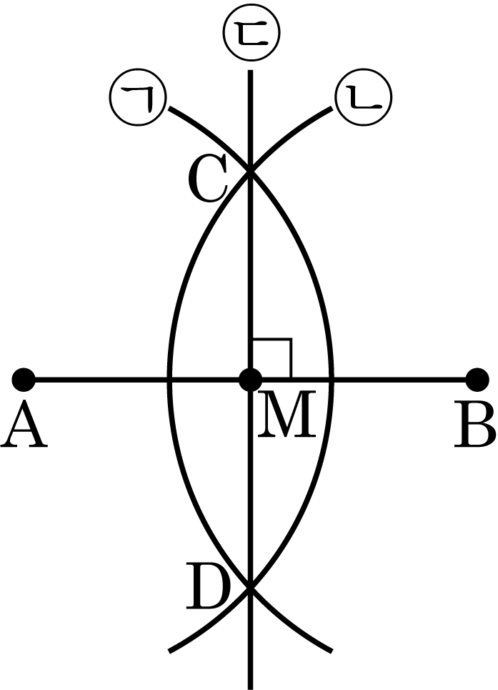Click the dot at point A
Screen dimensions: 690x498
coord(24,379)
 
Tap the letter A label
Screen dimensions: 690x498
coord(24,429)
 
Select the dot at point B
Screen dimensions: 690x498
coord(475,379)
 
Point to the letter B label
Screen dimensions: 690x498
coord(474,429)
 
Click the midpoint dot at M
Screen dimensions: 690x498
coord(249,379)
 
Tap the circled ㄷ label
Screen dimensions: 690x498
coord(249,32)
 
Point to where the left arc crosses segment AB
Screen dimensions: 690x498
coord(169,379)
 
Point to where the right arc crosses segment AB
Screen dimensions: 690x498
coord(331,379)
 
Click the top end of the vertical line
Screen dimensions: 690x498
coord(249,72)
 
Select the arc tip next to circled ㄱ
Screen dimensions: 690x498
coord(170,109)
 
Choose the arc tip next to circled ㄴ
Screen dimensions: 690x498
coord(330,109)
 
